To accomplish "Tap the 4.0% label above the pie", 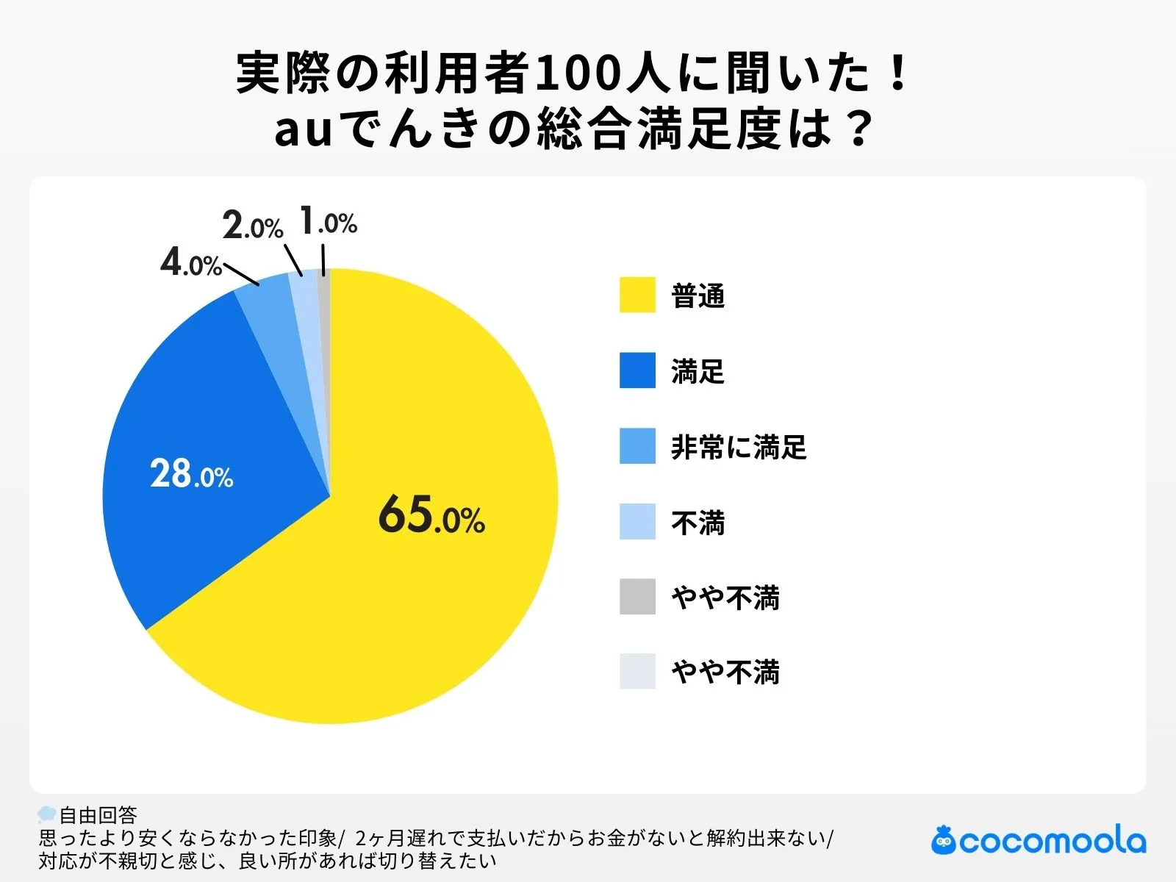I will (x=190, y=262).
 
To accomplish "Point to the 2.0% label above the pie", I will (x=252, y=226).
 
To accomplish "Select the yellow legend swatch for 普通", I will (x=637, y=295).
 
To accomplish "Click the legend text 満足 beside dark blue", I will (x=698, y=371).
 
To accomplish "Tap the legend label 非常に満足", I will (x=738, y=447).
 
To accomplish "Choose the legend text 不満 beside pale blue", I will (x=698, y=523).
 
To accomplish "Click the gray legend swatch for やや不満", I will (x=637, y=597).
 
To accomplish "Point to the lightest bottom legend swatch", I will (x=637, y=672).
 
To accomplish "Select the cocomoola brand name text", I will (x=1052, y=841).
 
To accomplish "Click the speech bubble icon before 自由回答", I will (x=47, y=814).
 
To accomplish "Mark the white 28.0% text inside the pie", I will (x=191, y=474).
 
